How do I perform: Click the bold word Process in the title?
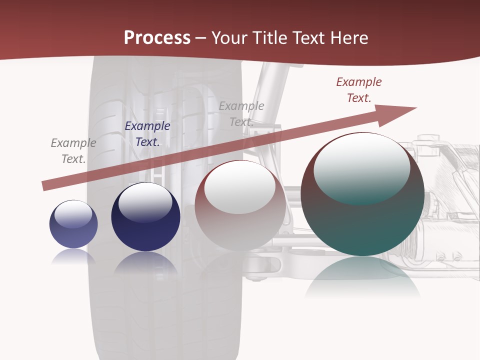pyautogui.click(x=157, y=37)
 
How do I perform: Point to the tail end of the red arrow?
pyautogui.click(x=44, y=186)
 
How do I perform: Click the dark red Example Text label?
pyautogui.click(x=359, y=90)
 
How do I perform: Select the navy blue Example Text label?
pyautogui.click(x=147, y=134)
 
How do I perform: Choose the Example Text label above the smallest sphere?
pyautogui.click(x=73, y=151)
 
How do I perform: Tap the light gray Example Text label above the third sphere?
pyautogui.click(x=241, y=114)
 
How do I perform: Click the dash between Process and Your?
pyautogui.click(x=201, y=37)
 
